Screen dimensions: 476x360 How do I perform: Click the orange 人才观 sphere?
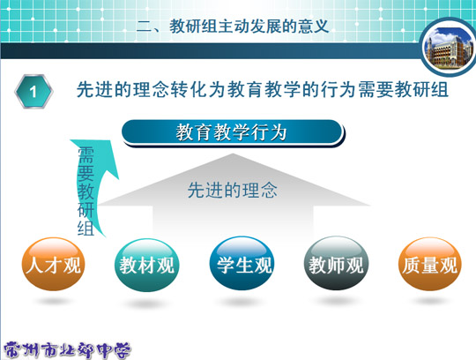[x=54, y=264]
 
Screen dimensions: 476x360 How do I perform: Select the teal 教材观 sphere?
[x=147, y=265]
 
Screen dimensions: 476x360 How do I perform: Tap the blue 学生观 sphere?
[x=242, y=263]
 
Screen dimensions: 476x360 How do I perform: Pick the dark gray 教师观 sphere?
[x=336, y=263]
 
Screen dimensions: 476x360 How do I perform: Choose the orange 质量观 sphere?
[x=430, y=264]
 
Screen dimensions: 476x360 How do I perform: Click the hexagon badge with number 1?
[x=33, y=91]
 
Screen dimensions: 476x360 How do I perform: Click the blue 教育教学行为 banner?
[x=233, y=133]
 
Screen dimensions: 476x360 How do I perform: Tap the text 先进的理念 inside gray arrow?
[x=232, y=191]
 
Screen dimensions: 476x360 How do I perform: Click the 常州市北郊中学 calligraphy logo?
[x=67, y=350]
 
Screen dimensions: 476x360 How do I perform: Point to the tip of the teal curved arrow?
[x=110, y=140]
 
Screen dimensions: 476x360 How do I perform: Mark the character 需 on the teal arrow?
[x=86, y=155]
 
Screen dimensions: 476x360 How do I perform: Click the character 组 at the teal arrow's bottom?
[x=86, y=228]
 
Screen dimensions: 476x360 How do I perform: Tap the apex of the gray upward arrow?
[x=233, y=154]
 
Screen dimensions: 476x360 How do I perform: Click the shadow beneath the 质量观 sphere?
[x=429, y=301]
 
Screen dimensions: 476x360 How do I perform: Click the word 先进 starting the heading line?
[x=95, y=90]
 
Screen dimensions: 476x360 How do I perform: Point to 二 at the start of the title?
[x=144, y=26]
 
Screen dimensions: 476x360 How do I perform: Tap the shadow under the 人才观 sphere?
[x=54, y=301]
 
